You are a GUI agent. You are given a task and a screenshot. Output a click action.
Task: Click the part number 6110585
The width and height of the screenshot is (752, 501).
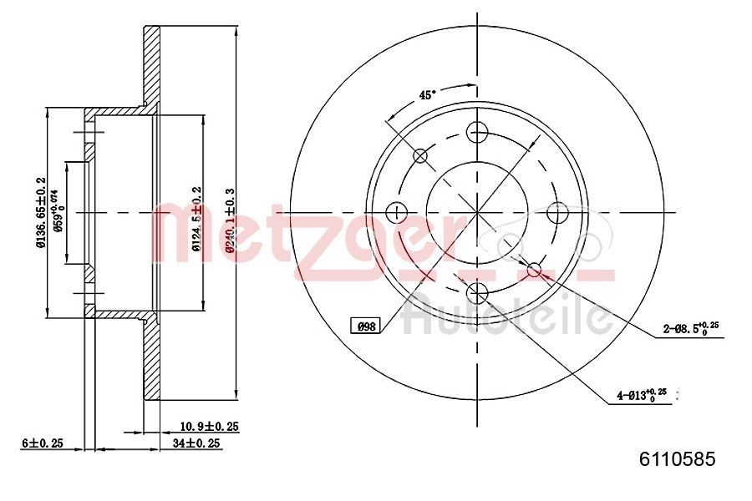coord(678,458)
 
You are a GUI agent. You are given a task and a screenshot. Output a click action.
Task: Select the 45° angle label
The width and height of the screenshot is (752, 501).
coord(427,95)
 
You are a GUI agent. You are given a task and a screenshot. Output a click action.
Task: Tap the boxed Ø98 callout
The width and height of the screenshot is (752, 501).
coord(365,326)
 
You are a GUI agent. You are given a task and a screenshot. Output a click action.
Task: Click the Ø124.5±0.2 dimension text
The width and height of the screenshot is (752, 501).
coord(196,219)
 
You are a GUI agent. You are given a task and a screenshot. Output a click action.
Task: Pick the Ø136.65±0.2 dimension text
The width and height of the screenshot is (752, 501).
coord(39,213)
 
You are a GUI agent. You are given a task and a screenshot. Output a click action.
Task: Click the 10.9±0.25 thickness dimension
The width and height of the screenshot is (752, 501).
coord(210,427)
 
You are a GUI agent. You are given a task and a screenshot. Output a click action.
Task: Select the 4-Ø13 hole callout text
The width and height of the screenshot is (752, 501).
coord(640,393)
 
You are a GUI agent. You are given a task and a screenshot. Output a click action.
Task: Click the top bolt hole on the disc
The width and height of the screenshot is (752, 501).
coord(477,131)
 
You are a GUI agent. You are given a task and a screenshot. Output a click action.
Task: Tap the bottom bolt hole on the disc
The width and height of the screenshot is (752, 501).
coord(477,291)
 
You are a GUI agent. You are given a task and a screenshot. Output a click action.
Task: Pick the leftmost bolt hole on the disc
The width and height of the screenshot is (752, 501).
coord(397,211)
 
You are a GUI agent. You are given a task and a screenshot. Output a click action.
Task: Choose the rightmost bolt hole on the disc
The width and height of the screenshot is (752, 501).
coord(557,211)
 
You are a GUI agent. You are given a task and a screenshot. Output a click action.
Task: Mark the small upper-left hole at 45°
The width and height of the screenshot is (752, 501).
coord(420,155)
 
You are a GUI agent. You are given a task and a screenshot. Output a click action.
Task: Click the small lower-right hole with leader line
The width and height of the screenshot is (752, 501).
coord(534,268)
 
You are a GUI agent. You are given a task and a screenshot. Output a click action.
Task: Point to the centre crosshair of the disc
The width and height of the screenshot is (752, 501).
coord(477,211)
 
